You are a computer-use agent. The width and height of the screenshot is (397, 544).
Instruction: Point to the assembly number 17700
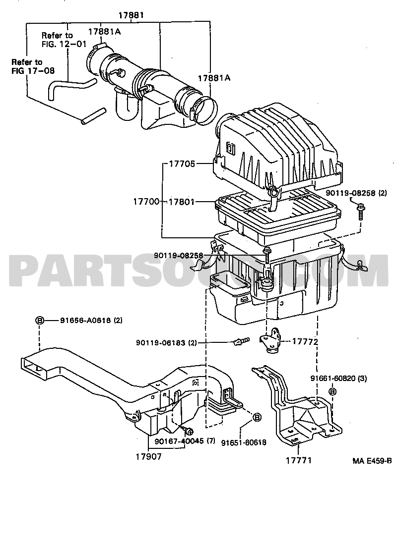pyautogui.click(x=145, y=202)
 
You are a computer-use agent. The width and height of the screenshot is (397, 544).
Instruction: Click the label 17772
pyautogui.click(x=305, y=342)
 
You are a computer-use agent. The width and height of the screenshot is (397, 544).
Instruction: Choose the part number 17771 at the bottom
pyautogui.click(x=299, y=460)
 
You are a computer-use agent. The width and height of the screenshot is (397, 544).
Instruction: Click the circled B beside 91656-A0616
pyautogui.click(x=40, y=321)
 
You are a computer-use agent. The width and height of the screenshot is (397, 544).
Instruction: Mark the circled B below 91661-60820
pyautogui.click(x=332, y=391)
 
